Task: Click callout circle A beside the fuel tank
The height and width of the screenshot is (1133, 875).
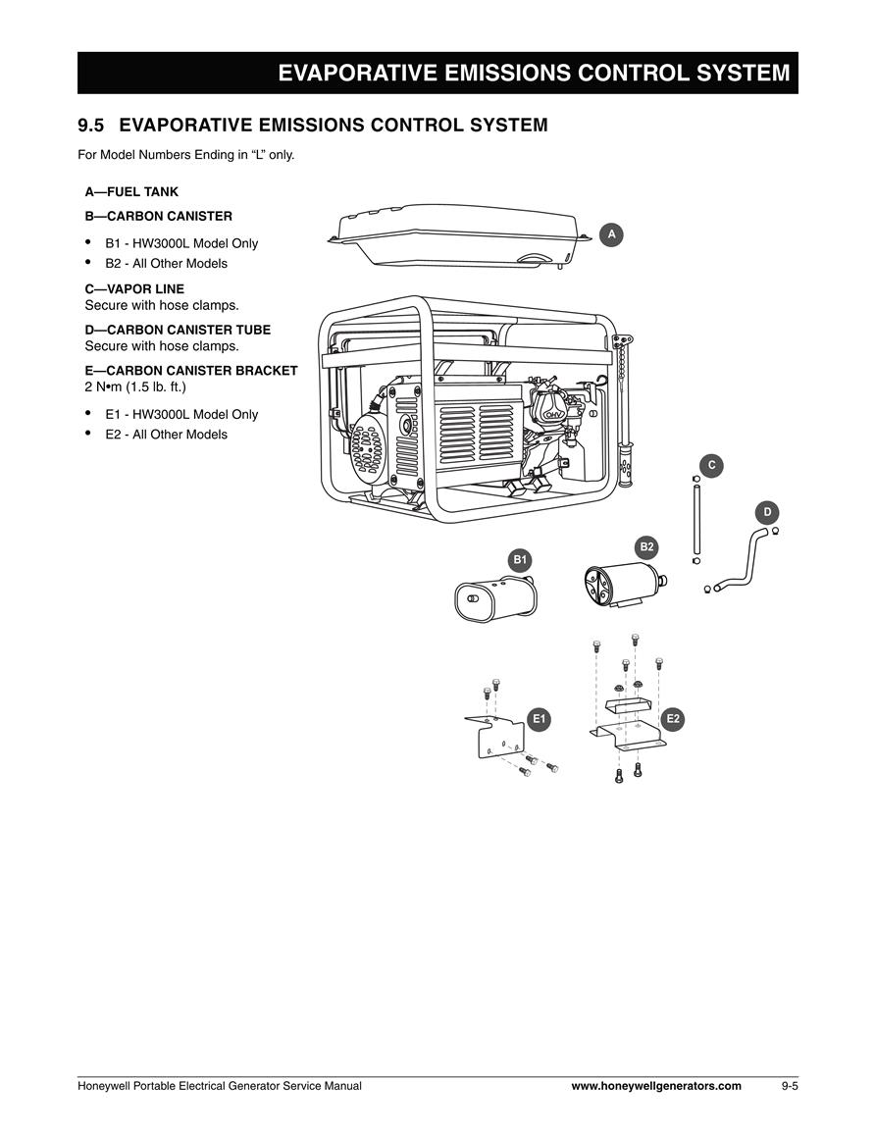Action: pyautogui.click(x=611, y=234)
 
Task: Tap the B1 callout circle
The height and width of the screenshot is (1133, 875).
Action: pyautogui.click(x=520, y=560)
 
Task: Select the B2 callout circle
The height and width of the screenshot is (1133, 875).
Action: pyautogui.click(x=646, y=547)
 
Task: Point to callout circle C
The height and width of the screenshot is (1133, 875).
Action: pyautogui.click(x=712, y=465)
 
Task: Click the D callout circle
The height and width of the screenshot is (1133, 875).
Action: pyautogui.click(x=767, y=512)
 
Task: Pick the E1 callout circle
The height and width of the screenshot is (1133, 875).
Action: pyautogui.click(x=539, y=719)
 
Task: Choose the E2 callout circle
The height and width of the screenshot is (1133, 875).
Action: pyautogui.click(x=673, y=719)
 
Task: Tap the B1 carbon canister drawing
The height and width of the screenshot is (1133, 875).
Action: pyautogui.click(x=496, y=596)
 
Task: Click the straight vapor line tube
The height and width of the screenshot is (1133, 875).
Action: pyautogui.click(x=696, y=520)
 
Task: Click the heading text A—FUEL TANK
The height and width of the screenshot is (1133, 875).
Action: pyautogui.click(x=131, y=192)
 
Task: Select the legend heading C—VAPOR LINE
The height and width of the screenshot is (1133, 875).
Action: pyautogui.click(x=134, y=289)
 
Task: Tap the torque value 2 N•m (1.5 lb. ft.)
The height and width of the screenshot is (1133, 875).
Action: pyautogui.click(x=135, y=386)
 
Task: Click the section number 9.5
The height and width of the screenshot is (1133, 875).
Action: pyautogui.click(x=91, y=125)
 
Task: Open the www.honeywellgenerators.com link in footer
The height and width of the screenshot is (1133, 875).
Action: pyautogui.click(x=656, y=1086)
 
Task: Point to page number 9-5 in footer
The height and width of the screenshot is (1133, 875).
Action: pyautogui.click(x=789, y=1086)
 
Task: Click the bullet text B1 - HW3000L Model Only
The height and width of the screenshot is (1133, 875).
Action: pyautogui.click(x=181, y=243)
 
